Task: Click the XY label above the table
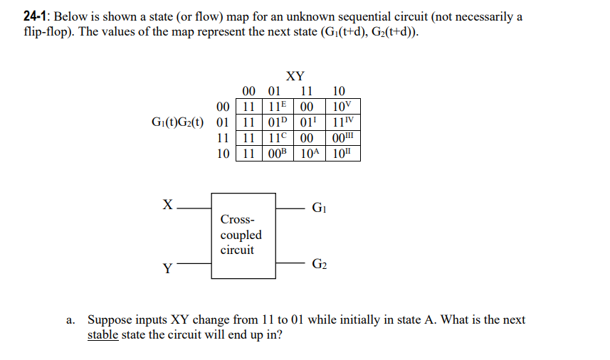coord(295,76)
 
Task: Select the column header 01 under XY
coord(274,91)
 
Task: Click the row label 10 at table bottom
coord(222,153)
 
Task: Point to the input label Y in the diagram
coord(167,268)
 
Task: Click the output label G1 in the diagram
coord(320,208)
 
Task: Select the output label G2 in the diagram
coord(320,265)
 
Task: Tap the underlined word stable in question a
coord(102,334)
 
